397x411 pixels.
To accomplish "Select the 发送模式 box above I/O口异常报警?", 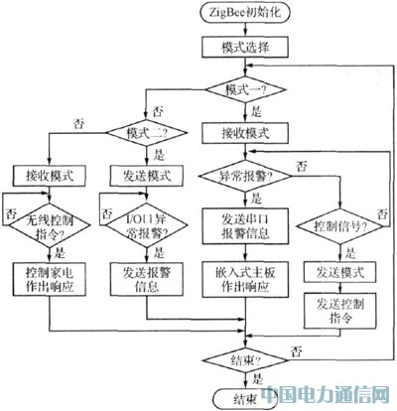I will coord(147,175).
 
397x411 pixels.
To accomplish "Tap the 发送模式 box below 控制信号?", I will coord(337,270).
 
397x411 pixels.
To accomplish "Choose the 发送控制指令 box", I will coord(337,306).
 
